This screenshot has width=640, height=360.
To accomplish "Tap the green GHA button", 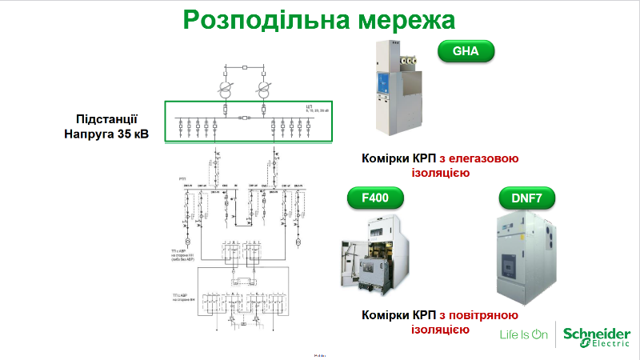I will click(x=466, y=52).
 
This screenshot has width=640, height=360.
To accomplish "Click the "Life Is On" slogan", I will click(x=523, y=334).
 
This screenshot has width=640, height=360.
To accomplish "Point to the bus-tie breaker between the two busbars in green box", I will click(x=244, y=117).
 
